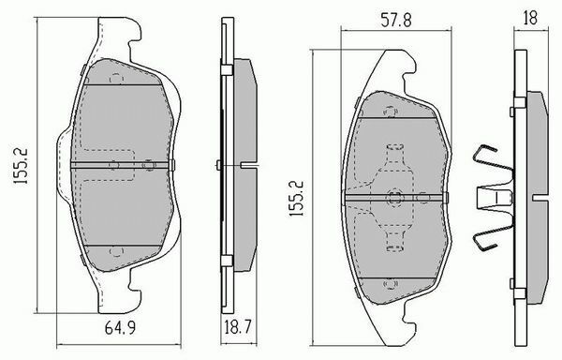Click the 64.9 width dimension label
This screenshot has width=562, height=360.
click(x=120, y=328)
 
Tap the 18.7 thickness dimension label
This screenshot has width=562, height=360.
click(x=238, y=327)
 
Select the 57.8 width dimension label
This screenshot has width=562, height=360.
click(x=396, y=20)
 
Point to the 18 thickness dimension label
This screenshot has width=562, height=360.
click(x=530, y=19)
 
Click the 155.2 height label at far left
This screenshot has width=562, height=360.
click(x=21, y=166)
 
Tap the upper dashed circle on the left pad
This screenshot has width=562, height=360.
click(x=116, y=79)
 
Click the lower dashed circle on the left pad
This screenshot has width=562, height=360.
click(x=116, y=251)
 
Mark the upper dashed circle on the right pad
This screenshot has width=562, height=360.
click(x=391, y=112)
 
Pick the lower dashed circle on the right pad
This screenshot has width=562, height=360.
click(x=391, y=284)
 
